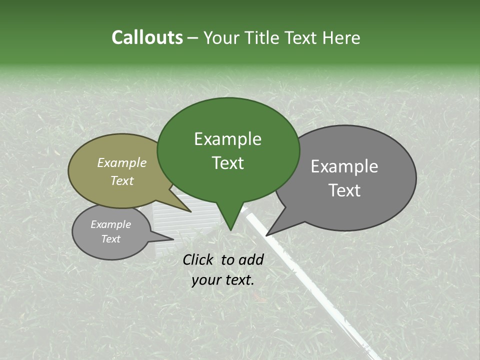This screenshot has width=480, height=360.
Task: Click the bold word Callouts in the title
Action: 147,37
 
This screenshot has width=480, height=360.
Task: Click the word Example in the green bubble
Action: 227,139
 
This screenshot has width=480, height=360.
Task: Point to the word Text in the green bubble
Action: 227,163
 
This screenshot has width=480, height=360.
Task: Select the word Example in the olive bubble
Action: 122,162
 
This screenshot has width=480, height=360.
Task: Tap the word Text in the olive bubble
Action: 122,180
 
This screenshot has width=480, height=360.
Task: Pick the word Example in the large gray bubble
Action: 344,166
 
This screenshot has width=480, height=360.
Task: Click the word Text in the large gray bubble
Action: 344,190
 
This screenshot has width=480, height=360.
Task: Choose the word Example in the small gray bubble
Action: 110,224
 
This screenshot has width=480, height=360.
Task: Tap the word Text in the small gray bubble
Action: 110,239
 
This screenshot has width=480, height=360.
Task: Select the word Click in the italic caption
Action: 199,259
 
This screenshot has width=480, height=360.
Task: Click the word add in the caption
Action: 251,259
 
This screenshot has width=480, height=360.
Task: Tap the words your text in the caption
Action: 223,280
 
